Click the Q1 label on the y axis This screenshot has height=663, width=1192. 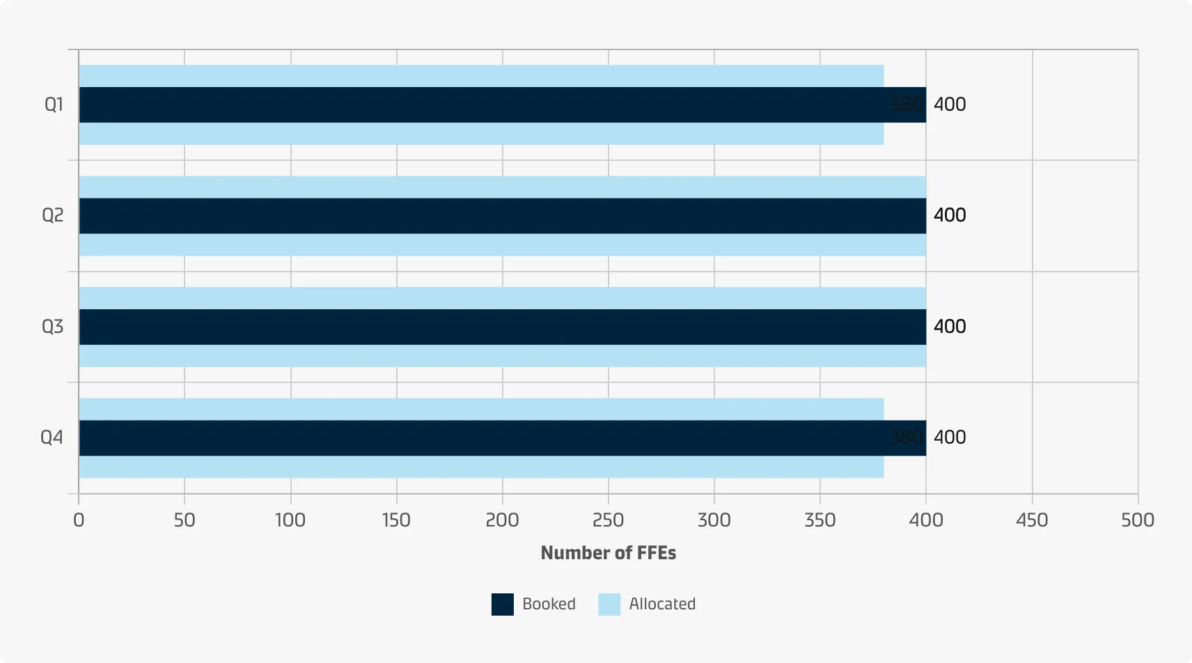[54, 104]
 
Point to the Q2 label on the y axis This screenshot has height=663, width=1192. [53, 215]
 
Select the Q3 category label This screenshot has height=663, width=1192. [53, 327]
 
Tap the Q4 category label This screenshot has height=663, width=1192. [52, 437]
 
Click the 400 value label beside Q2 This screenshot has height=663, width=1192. [950, 215]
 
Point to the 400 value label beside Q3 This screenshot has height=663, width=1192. [950, 327]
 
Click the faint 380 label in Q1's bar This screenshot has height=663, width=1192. [907, 104]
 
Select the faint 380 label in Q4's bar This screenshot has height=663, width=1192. [907, 437]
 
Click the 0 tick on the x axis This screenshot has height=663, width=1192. [79, 520]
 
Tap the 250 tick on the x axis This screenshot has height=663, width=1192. [608, 520]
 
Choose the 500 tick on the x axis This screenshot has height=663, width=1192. [1138, 520]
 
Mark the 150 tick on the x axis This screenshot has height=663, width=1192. [396, 520]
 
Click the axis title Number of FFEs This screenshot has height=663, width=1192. [608, 553]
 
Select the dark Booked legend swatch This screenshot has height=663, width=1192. [503, 604]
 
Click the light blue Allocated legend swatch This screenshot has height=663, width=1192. [609, 604]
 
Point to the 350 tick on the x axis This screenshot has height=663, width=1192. [819, 520]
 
